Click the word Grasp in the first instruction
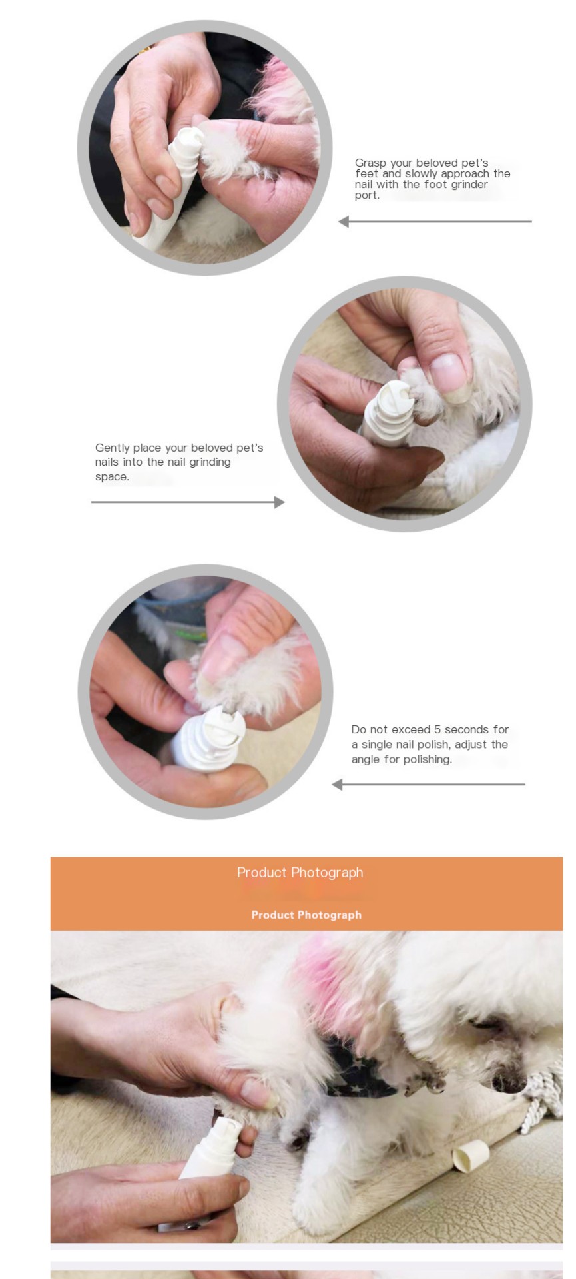coord(370,163)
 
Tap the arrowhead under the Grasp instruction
coord(344,222)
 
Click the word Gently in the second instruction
coord(112,448)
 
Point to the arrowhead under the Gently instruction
coord(280,502)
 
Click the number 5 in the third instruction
coord(437,730)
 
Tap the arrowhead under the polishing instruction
coord(337,785)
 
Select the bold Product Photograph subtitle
coord(306,915)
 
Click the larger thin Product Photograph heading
coord(300,873)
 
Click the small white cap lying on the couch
coord(470,1155)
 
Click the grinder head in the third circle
coord(223,727)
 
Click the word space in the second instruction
coord(112,478)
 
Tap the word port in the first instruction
coord(367,196)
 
